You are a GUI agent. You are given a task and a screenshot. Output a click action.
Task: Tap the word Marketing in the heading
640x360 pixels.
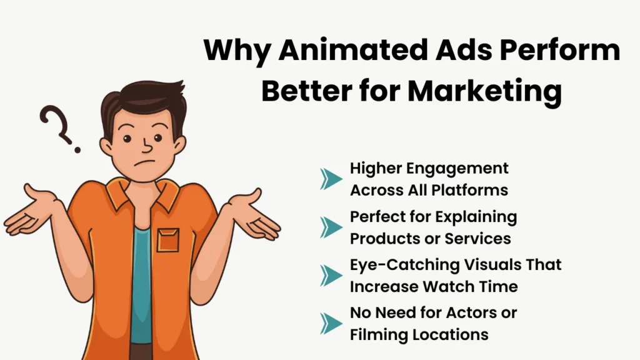tap(485, 91)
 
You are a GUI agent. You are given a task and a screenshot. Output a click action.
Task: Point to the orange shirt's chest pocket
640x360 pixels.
tap(167, 240)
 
